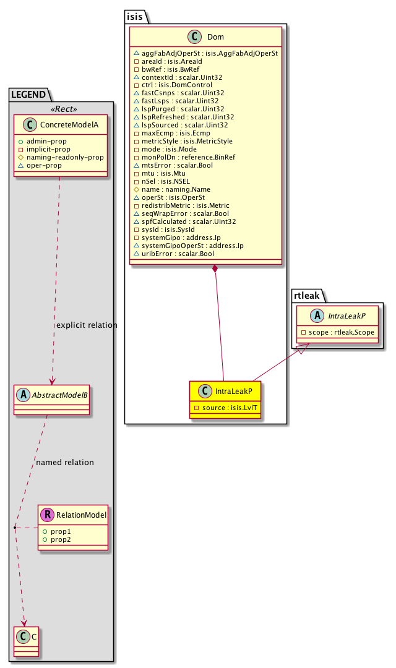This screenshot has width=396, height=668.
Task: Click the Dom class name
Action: click(x=215, y=37)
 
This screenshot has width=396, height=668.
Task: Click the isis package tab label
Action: click(x=134, y=17)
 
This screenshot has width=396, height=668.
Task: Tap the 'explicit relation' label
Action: click(x=86, y=325)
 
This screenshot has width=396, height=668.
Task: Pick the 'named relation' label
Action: click(x=65, y=462)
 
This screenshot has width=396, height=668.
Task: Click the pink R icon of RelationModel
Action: click(x=46, y=515)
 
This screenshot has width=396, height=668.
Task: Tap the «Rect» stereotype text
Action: click(x=65, y=109)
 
